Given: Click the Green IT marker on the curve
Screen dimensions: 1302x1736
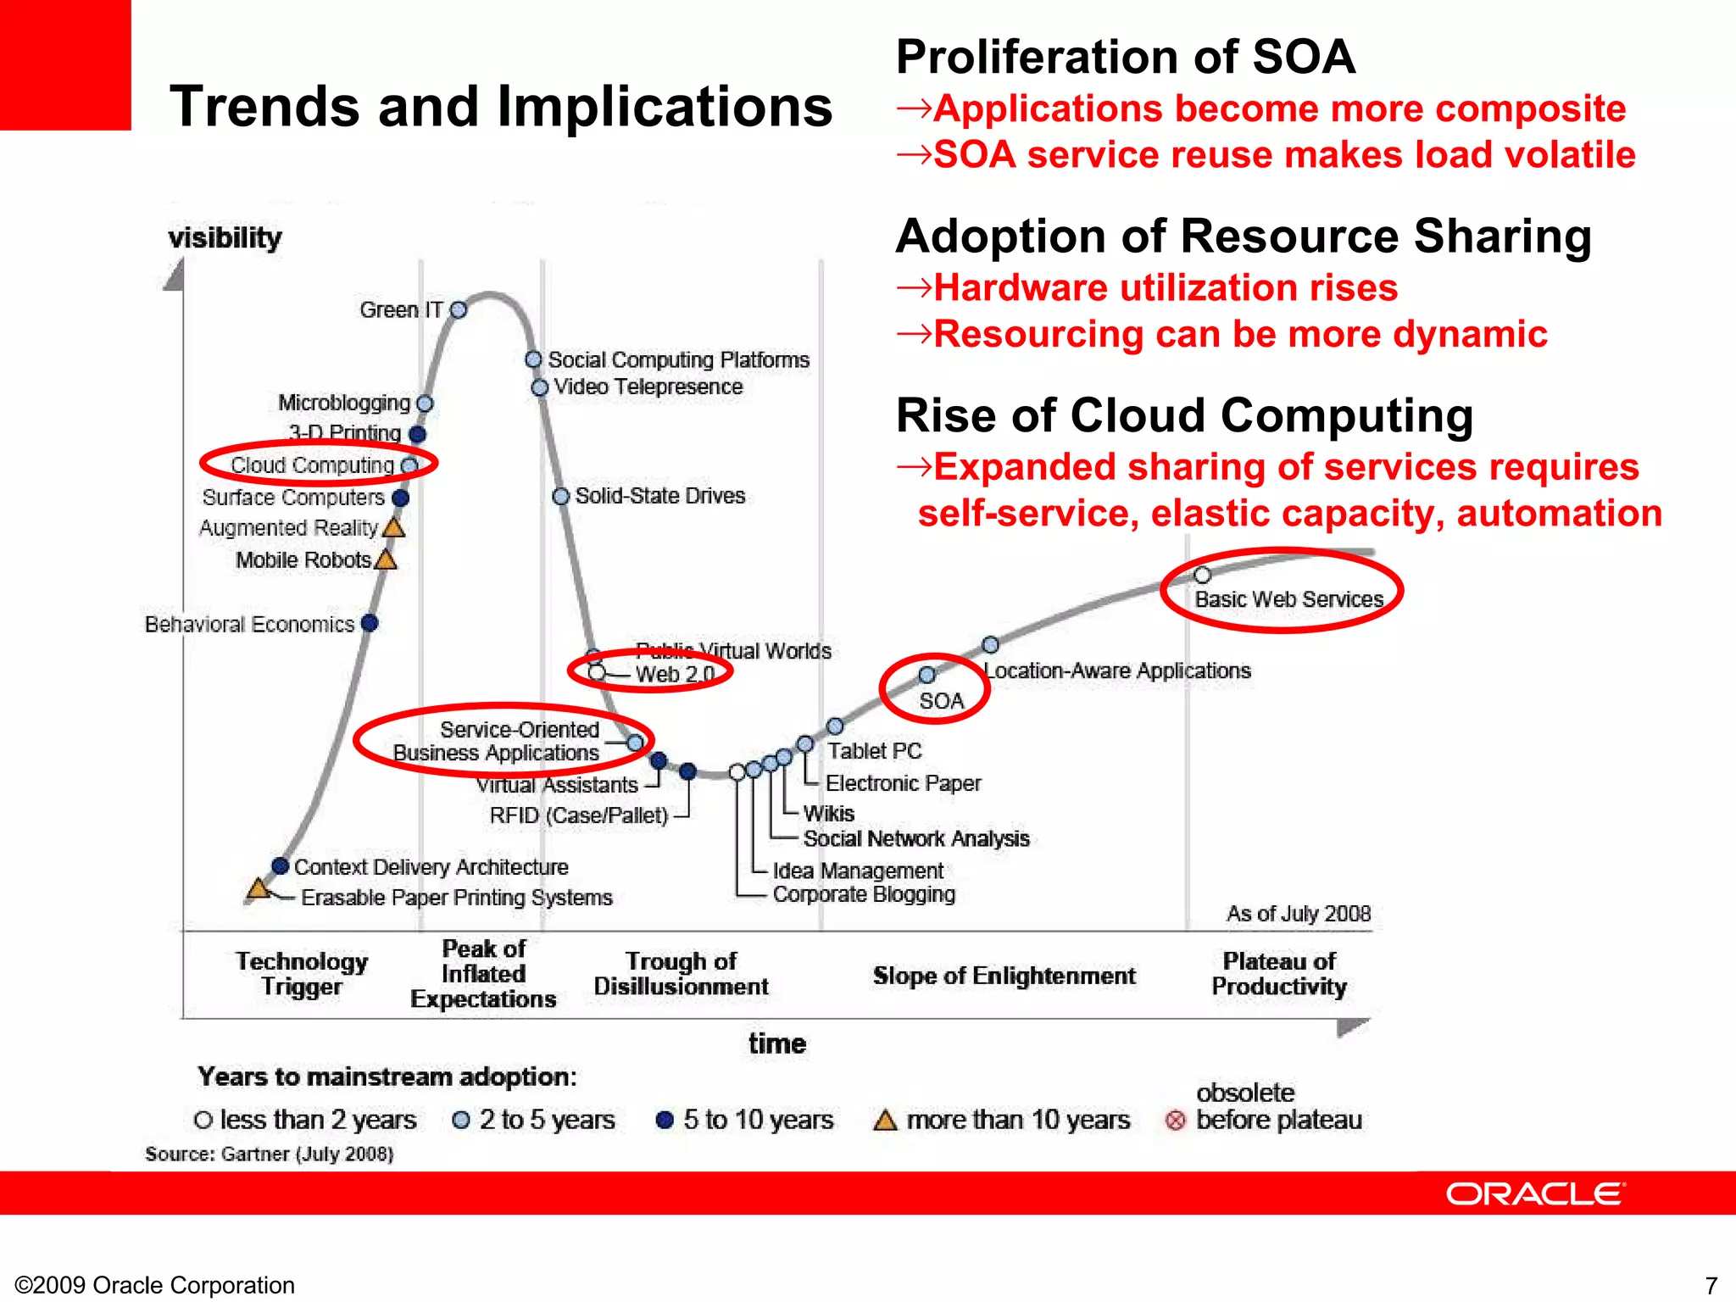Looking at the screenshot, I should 459,310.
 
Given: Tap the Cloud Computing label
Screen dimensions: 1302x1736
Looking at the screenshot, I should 312,465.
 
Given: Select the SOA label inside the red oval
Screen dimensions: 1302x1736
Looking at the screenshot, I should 941,701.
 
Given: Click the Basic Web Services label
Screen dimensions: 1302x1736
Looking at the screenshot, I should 1288,599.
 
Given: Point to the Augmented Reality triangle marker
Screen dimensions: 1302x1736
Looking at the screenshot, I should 394,528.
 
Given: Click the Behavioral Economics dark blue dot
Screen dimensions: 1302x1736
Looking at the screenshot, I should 370,623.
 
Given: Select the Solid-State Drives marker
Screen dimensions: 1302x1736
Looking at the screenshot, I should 560,496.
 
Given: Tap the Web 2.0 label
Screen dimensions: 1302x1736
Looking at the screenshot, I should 675,675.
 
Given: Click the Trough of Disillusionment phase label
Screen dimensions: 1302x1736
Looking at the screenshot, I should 681,974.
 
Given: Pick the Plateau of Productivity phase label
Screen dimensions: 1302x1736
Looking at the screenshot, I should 1278,974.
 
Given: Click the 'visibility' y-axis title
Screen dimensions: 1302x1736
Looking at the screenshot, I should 225,238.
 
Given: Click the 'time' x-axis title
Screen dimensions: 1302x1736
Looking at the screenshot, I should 776,1043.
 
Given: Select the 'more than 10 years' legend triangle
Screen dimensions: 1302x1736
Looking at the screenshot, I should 885,1121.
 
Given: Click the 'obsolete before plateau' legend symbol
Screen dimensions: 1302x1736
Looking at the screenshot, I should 1175,1121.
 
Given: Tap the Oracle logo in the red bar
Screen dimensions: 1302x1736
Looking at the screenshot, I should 1534,1194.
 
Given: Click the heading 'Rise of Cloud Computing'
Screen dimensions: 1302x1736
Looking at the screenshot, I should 1184,416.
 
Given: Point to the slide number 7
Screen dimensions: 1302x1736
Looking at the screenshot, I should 1711,1285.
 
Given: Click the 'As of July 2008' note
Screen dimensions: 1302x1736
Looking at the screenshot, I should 1298,914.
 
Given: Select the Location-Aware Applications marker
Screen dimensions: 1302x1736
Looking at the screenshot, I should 990,645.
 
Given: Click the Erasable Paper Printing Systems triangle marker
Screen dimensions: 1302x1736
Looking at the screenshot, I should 259,889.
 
